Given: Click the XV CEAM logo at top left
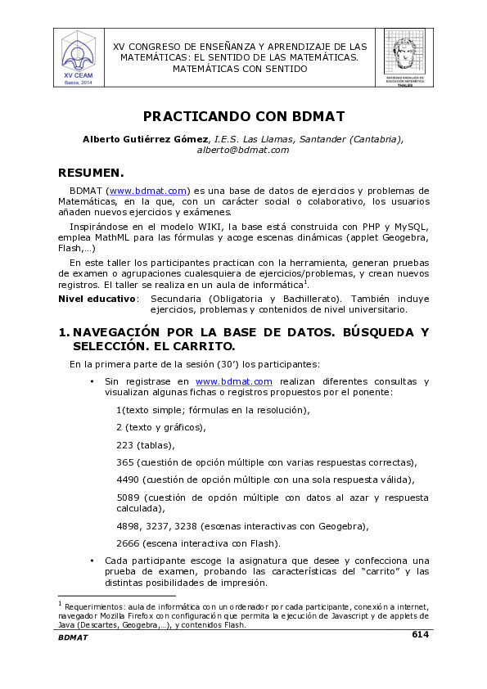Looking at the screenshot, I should coord(79,56).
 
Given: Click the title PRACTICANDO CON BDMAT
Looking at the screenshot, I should coord(243,116).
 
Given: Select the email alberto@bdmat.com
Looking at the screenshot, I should coord(243,151).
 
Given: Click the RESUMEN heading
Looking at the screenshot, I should coord(91,173).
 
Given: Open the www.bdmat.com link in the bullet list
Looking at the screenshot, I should coord(233,381).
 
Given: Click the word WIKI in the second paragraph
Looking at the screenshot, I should coord(232,226).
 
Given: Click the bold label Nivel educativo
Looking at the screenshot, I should coord(97,299).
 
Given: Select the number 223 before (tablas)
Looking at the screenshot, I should coord(124,445).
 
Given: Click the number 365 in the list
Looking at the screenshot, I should coord(124,462).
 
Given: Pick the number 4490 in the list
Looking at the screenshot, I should coord(128,480).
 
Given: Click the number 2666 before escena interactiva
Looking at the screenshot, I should coord(128,543).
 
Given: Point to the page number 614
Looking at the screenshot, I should coord(420,634).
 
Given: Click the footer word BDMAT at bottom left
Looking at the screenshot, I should coord(73,637).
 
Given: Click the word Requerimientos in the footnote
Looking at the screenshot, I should coord(93,606).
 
